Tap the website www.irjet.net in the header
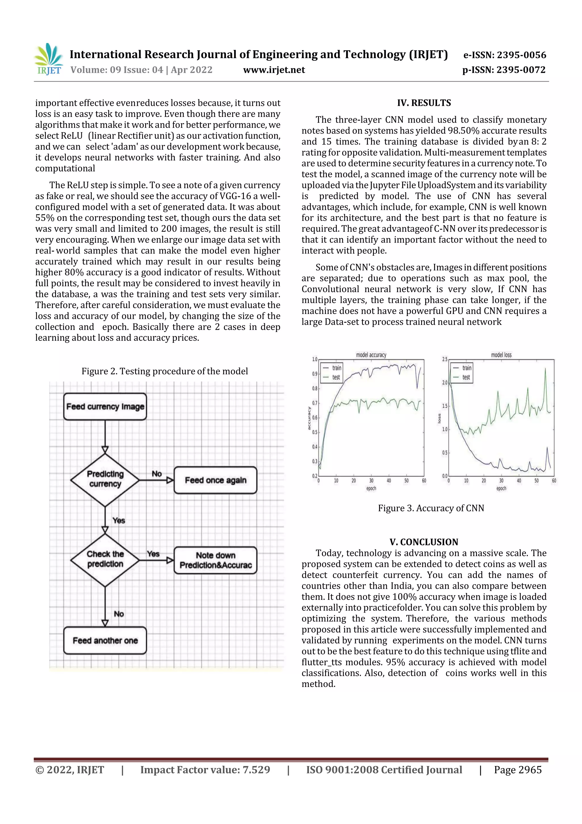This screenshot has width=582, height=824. coord(274,70)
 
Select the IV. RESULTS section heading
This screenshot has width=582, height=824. coord(424,103)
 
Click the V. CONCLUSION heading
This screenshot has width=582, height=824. coord(424,542)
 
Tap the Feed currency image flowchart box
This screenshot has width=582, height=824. coord(105,407)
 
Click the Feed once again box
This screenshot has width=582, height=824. coord(215,480)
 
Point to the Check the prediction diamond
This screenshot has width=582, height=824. coord(105,559)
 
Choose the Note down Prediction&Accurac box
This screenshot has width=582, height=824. coord(215,560)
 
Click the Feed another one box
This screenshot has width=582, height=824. coord(105,641)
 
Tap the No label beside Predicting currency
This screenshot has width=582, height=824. coord(157,474)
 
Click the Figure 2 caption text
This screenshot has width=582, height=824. coord(165,371)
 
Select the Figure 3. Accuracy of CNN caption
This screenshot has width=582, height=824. coord(431,508)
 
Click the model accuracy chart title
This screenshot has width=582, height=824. coord(371,355)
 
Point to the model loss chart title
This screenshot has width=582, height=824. coord(501,355)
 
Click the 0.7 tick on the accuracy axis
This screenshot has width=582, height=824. coord(315,403)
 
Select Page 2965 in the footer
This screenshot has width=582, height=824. coord(517,769)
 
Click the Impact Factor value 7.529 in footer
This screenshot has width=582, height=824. coord(205,769)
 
